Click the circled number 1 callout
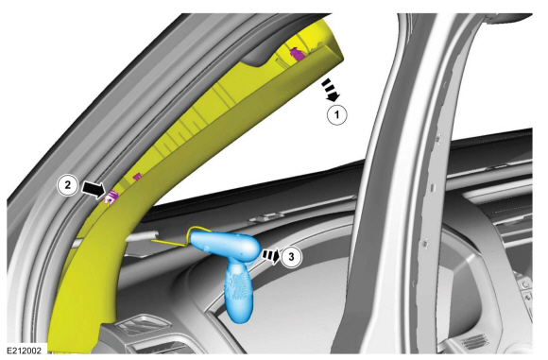(x=337, y=114)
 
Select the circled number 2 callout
(x=67, y=184)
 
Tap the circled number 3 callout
(x=291, y=257)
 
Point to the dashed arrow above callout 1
(x=331, y=90)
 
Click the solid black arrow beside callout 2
(x=94, y=190)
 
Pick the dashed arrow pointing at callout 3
(x=271, y=256)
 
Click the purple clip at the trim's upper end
(x=297, y=54)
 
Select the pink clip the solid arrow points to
(x=111, y=197)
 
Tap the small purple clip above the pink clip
(x=137, y=177)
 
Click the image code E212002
(x=24, y=351)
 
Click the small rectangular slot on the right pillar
(x=433, y=188)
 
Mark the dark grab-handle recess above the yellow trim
(x=269, y=52)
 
